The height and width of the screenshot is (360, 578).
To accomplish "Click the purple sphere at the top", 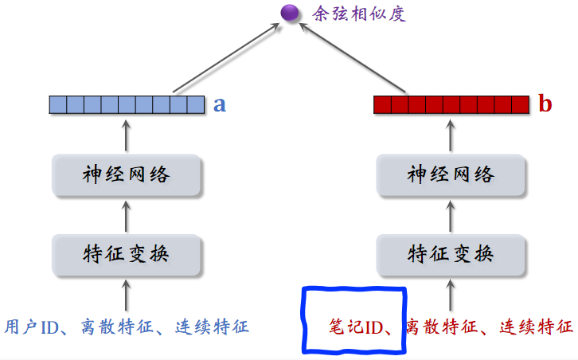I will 288,12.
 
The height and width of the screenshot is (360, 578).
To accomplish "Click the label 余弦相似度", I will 345,13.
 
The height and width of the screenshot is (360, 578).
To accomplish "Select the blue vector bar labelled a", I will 127,104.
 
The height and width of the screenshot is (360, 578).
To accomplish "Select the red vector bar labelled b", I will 451,104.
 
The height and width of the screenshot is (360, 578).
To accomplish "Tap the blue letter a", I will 220,104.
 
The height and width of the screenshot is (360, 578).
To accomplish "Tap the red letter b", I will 545,104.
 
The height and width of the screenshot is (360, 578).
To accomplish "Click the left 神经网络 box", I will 127,175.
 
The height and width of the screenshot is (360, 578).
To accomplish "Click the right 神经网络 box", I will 451,175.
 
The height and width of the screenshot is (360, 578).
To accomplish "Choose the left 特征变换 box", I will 127,254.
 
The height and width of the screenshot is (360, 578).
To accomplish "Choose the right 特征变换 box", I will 451,254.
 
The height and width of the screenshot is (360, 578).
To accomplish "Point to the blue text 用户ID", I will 32,327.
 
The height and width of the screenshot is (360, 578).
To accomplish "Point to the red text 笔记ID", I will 357,327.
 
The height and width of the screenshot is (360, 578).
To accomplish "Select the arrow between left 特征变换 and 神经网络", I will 127,214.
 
